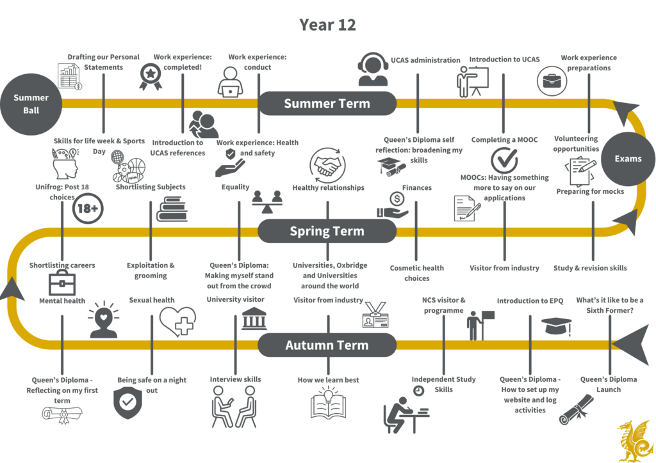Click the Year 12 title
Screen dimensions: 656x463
click(327, 25)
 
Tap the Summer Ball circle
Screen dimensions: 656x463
click(31, 104)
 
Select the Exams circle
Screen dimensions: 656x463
click(628, 159)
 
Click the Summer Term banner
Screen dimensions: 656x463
click(327, 104)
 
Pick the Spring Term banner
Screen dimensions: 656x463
click(327, 231)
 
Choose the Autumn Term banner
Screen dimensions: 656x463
click(327, 345)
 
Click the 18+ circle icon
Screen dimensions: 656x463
click(87, 208)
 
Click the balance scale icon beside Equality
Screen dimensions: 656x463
click(267, 201)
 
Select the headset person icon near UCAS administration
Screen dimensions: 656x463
click(373, 69)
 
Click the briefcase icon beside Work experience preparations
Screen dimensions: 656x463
click(552, 81)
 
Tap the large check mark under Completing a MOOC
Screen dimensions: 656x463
click(504, 160)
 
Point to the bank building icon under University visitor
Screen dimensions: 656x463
click(254, 318)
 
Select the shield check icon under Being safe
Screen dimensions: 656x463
click(127, 402)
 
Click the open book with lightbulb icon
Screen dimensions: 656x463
click(329, 402)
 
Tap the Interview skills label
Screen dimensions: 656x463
click(236, 379)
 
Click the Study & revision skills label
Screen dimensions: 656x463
click(590, 268)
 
